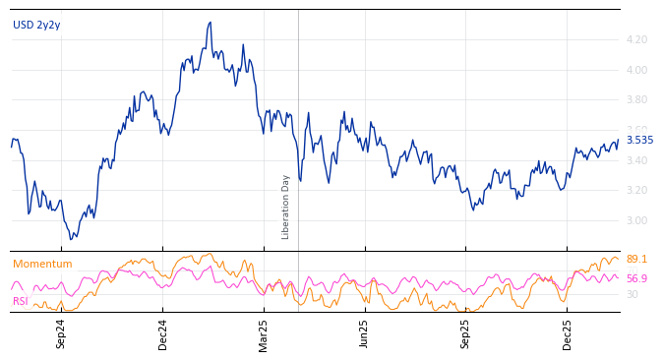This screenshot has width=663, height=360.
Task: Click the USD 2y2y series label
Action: pos(36,26)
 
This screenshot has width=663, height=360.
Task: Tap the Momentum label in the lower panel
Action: pos(42,265)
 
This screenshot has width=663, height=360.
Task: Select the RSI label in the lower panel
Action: pos(20,301)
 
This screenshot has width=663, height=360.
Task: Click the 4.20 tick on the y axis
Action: pos(636,40)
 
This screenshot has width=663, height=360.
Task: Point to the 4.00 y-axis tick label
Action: pos(636,71)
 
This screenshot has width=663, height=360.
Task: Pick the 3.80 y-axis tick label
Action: pos(636,100)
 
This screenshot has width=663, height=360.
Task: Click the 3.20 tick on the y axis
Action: pos(636,191)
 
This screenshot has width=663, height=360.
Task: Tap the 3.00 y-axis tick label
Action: pos(636,221)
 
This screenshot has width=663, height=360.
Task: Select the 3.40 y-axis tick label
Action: pos(636,161)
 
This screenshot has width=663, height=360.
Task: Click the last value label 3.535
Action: pos(639,141)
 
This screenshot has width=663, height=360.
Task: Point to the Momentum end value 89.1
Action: pos(636,260)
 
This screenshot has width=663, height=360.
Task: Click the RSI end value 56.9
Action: pos(636,279)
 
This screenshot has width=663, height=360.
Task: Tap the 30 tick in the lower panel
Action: pos(632,294)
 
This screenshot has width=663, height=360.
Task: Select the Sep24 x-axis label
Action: pos(61,333)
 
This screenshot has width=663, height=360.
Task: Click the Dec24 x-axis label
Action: pos(163,333)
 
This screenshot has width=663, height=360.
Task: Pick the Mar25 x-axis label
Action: pos(264,333)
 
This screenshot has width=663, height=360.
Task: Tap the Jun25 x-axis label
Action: pos(364,333)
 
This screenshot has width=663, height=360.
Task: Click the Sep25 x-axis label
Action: pos(466,333)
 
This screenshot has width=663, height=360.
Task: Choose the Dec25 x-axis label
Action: pos(568,333)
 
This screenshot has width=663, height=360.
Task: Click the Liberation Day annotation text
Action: pos(286,207)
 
